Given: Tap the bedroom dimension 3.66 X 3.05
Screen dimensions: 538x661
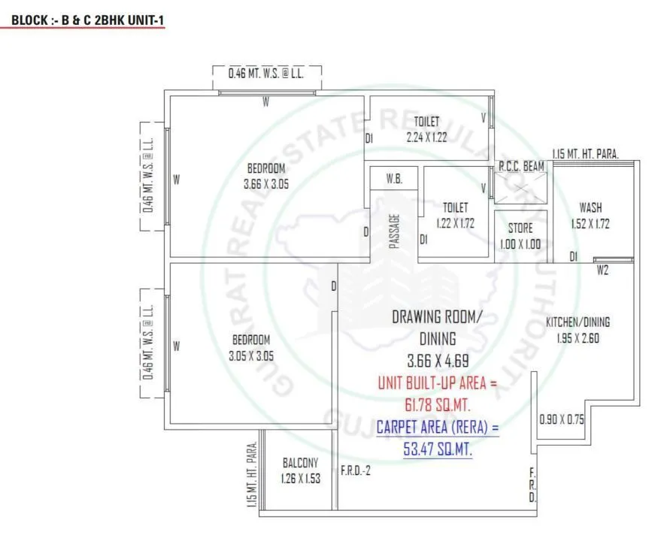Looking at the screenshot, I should (266, 183).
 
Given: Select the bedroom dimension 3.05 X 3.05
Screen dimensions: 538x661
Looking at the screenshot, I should (250, 355).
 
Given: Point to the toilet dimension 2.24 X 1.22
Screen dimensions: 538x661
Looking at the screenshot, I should (426, 138).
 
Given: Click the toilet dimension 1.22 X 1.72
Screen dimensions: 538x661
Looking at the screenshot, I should (455, 223).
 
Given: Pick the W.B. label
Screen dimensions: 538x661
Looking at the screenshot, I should (393, 179).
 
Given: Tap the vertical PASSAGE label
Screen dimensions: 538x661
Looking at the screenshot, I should (394, 231).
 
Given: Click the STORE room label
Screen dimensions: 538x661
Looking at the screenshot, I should (520, 228).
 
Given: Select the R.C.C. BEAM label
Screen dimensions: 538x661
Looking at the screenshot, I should (521, 166).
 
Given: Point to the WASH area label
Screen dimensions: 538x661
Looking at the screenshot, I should (590, 207).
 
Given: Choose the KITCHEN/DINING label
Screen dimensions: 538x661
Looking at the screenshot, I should (578, 322).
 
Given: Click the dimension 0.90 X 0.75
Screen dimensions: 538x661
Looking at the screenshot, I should (562, 420).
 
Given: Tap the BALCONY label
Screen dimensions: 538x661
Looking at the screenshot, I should (300, 463).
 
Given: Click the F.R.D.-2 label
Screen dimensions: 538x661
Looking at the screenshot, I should (356, 471).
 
